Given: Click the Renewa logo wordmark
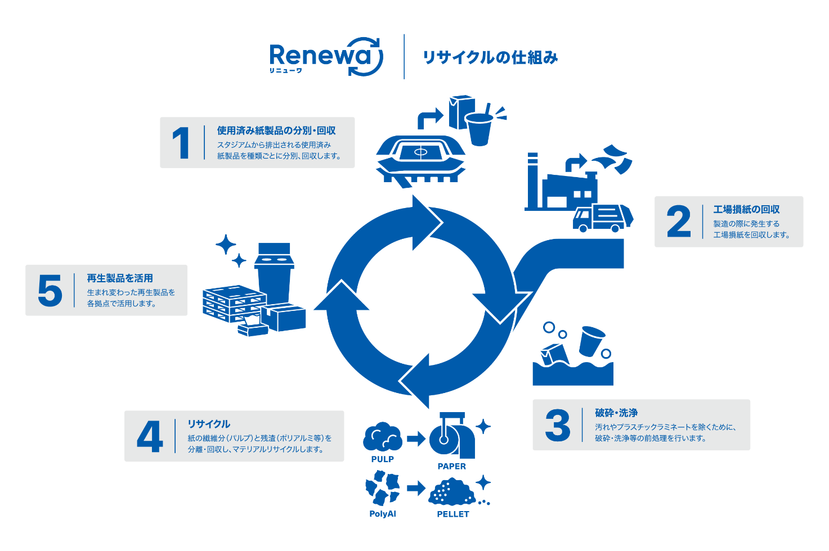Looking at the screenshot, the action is tap(326, 57).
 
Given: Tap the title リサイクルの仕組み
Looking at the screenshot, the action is tap(490, 57).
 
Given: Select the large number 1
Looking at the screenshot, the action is tap(181, 143).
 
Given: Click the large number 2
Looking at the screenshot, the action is tap(679, 221).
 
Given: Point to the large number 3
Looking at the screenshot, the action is tap(558, 425).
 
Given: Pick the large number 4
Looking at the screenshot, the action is tap(150, 436).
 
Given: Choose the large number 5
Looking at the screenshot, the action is tap(50, 290).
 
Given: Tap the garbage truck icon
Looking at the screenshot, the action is tap(603, 218).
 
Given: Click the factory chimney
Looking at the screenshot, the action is tap(532, 180).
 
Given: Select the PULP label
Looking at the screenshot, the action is tap(382, 459).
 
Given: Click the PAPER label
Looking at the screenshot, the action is tap(451, 466).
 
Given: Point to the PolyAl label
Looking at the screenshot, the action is tap(383, 514).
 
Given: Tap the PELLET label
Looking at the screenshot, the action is tap(453, 514).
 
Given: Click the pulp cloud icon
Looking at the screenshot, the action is tap(383, 437).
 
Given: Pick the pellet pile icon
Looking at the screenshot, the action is tap(452, 491).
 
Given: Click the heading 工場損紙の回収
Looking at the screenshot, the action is tap(746, 210).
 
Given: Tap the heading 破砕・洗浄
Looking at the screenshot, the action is tap(616, 413).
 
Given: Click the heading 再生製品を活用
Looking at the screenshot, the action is tap(120, 278).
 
